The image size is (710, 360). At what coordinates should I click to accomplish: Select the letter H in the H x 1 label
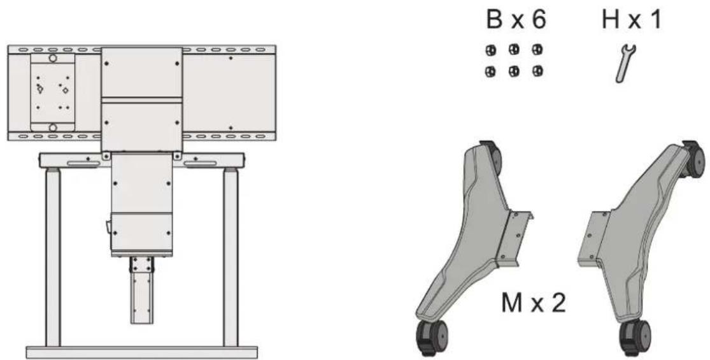(611, 20)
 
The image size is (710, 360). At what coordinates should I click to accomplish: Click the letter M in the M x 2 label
(512, 303)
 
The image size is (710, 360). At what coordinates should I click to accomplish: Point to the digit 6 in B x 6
(538, 20)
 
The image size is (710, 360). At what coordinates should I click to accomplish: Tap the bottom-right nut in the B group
(537, 71)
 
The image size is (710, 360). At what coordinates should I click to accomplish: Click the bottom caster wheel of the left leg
(430, 340)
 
